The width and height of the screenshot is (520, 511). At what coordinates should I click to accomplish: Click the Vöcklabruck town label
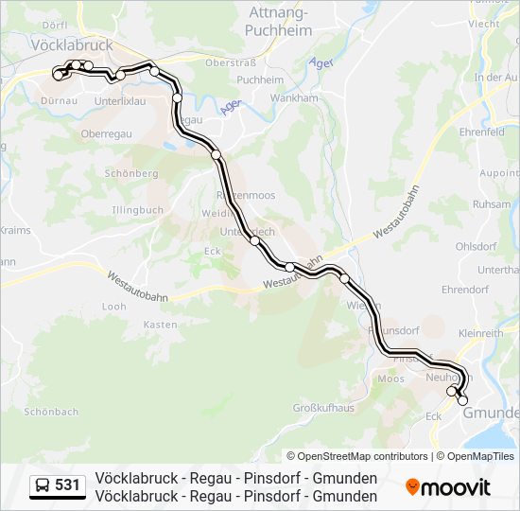(72, 44)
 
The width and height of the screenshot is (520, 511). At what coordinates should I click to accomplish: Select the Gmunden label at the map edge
(491, 413)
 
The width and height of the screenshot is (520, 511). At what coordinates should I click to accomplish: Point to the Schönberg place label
(131, 174)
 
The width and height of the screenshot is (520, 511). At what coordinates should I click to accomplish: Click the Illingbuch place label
(137, 210)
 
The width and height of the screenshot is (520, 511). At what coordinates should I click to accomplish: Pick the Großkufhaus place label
(322, 408)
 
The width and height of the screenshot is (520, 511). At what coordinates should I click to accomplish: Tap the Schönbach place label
(51, 412)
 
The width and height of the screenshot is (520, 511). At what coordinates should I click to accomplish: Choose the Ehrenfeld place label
(481, 132)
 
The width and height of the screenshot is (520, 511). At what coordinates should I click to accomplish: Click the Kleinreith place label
(480, 333)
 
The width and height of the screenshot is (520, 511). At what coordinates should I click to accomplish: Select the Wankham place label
(293, 97)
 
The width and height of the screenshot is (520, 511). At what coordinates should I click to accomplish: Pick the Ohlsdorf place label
(476, 246)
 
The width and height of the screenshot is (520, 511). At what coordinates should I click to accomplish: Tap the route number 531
(68, 485)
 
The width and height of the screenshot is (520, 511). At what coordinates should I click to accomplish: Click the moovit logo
(448, 487)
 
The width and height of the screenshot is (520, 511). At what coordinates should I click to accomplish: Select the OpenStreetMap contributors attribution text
(357, 456)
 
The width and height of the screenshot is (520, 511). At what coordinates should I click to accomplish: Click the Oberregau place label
(105, 134)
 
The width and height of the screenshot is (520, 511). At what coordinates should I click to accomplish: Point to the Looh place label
(113, 307)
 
